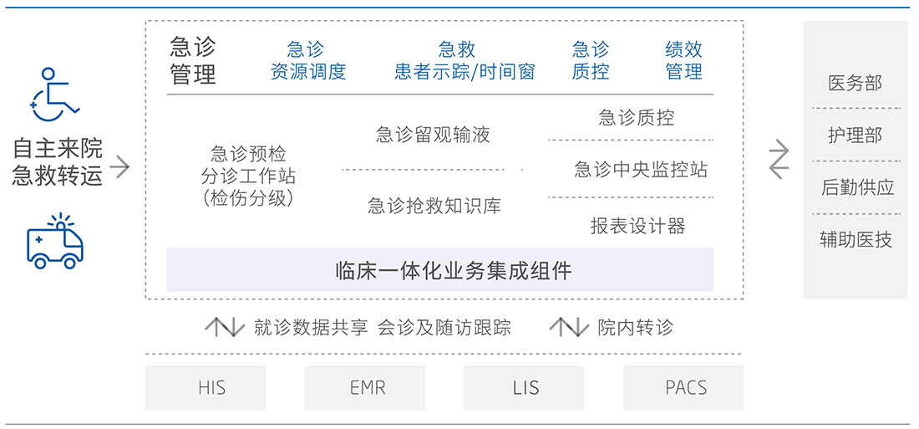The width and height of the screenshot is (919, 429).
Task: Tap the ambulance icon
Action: (55, 242)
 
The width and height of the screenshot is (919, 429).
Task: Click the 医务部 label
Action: (855, 83)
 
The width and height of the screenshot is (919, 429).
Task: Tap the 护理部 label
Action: (855, 135)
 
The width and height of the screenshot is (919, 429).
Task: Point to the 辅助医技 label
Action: (856, 240)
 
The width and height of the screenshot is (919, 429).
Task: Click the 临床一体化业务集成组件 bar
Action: (439, 270)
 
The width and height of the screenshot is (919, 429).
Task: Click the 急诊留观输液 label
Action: (433, 135)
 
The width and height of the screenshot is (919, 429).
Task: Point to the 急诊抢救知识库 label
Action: (434, 205)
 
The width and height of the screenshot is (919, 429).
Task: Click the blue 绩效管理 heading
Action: (683, 60)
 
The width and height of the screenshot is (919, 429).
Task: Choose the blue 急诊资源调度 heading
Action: (307, 60)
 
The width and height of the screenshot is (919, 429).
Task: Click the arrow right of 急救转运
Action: (120, 166)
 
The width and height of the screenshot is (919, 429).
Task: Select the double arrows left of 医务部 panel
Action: (778, 160)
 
